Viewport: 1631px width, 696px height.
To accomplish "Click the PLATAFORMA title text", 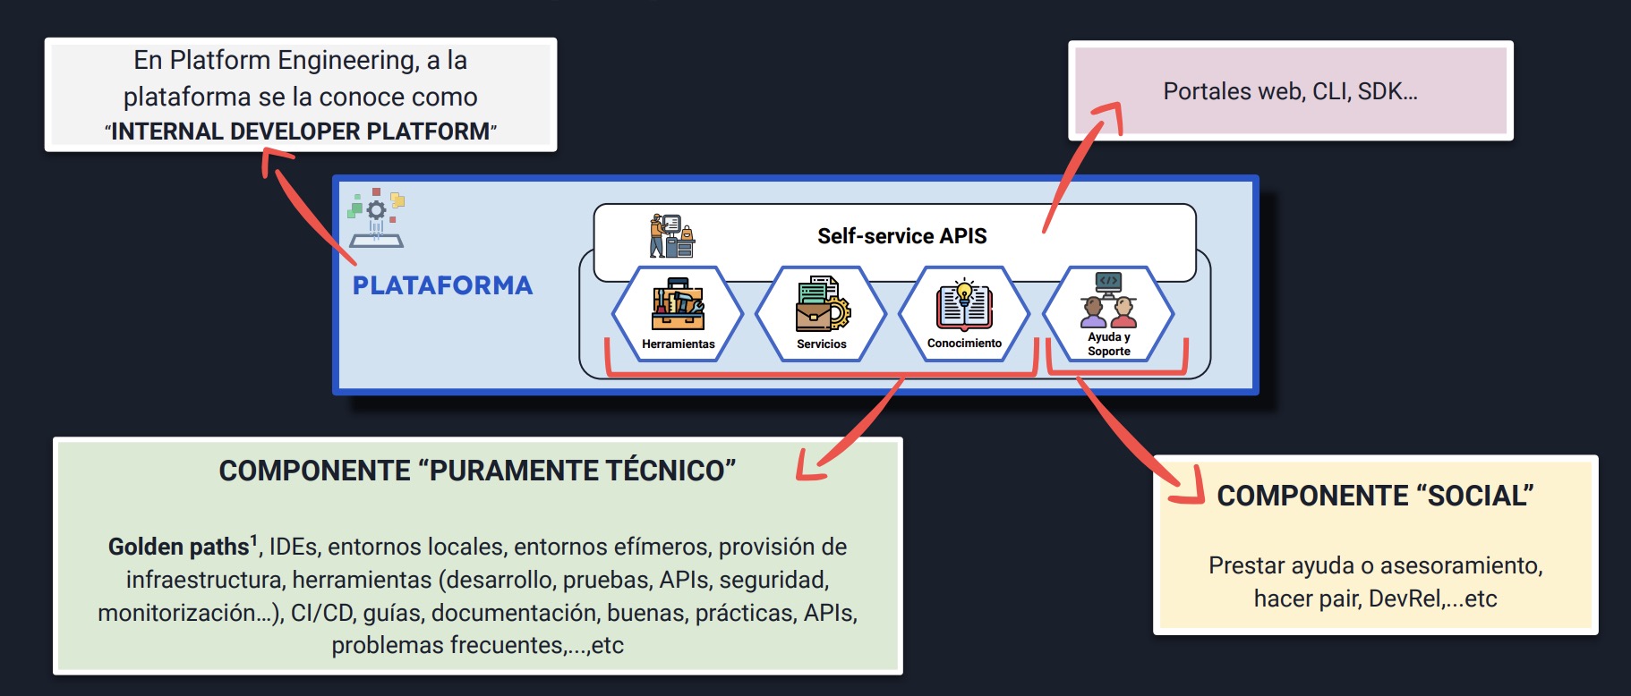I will [x=442, y=285].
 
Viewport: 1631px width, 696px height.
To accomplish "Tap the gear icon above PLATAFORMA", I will [x=377, y=211].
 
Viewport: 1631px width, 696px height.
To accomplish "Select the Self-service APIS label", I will [x=901, y=236].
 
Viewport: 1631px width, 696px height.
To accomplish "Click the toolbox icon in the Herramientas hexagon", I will [x=678, y=305].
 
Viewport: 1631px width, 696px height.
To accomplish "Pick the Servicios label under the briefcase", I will [x=821, y=344].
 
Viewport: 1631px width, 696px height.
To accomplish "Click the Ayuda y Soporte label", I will [x=1108, y=344].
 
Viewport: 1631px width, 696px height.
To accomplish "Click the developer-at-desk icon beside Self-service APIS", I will [x=671, y=235].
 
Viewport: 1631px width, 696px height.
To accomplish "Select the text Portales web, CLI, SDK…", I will [x=1290, y=91].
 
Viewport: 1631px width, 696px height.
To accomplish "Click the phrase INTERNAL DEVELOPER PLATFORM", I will [x=301, y=132].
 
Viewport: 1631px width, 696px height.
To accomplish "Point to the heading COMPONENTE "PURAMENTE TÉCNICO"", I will [x=477, y=471].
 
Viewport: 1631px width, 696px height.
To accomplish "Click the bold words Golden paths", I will [x=179, y=547].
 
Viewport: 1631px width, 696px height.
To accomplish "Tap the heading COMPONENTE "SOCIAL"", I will [x=1375, y=496].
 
